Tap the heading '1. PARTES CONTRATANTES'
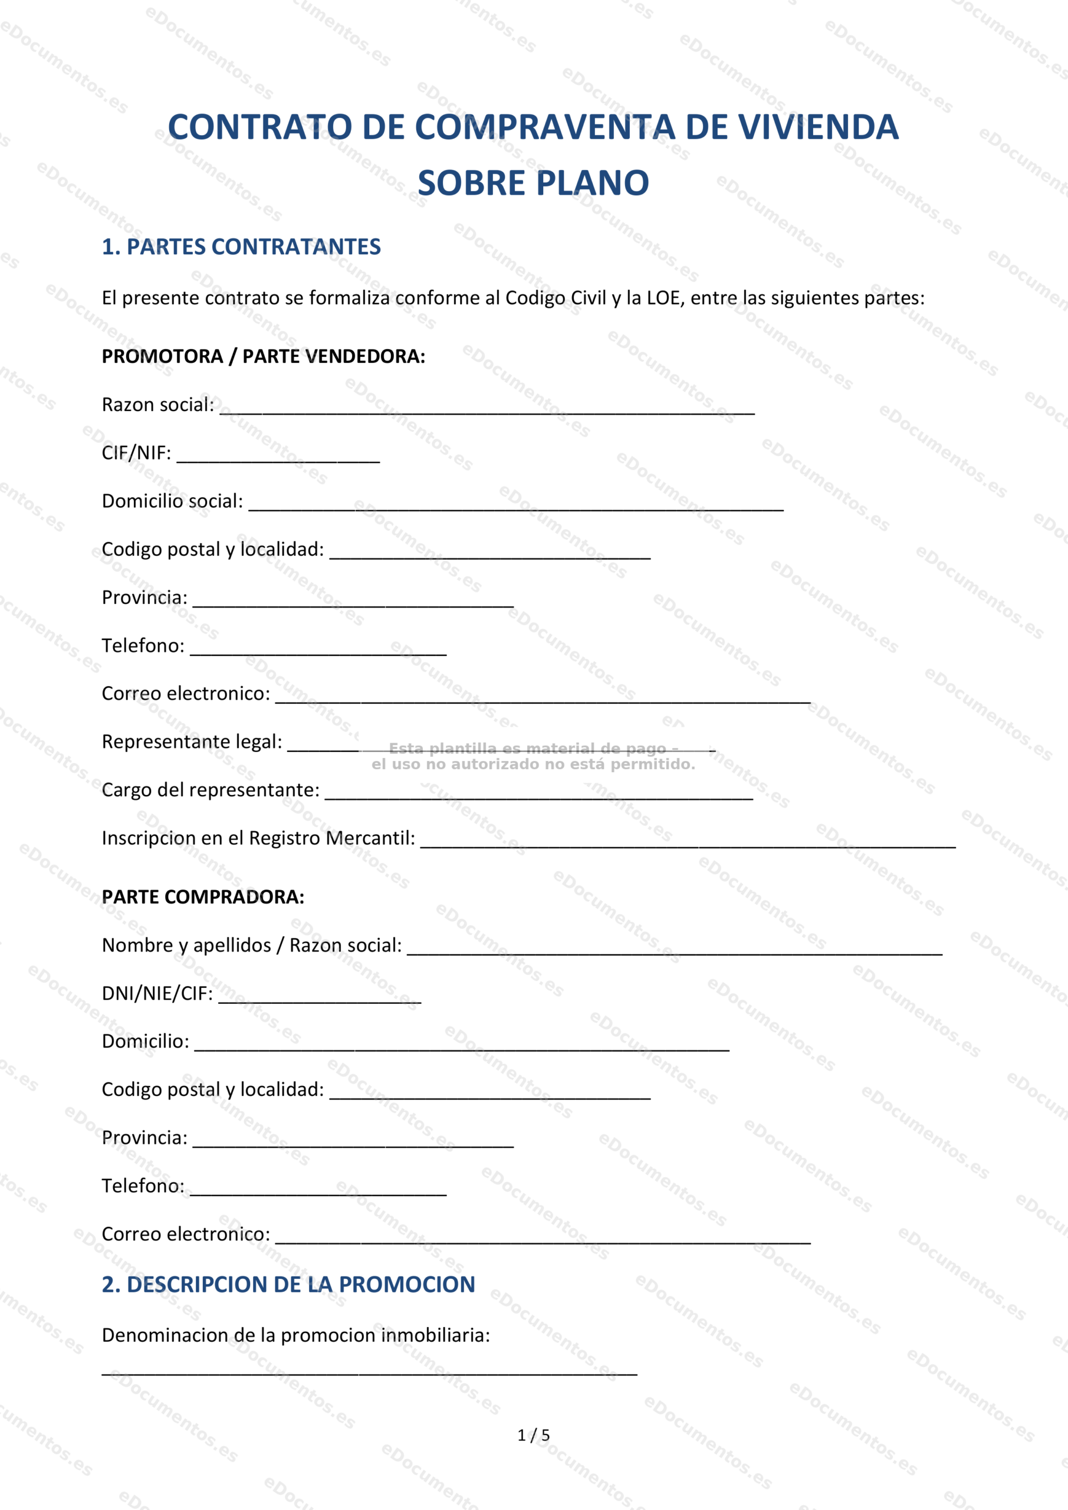(x=241, y=247)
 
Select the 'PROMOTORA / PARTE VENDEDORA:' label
(x=263, y=356)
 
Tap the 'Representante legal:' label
(x=192, y=742)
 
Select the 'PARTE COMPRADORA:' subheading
(x=202, y=897)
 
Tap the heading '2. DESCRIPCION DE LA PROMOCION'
(x=288, y=1285)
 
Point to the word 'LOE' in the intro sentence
(x=663, y=298)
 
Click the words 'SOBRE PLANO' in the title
(x=533, y=183)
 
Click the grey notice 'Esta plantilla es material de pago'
(x=533, y=749)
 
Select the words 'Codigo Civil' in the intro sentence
(x=555, y=298)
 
